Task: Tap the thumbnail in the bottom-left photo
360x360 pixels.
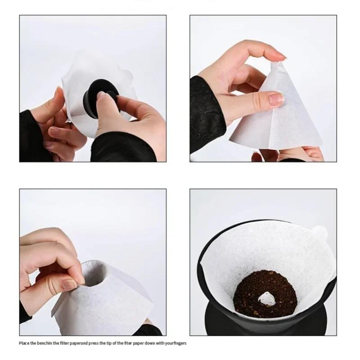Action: (x=70, y=284)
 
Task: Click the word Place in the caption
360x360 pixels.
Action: (x=24, y=343)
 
